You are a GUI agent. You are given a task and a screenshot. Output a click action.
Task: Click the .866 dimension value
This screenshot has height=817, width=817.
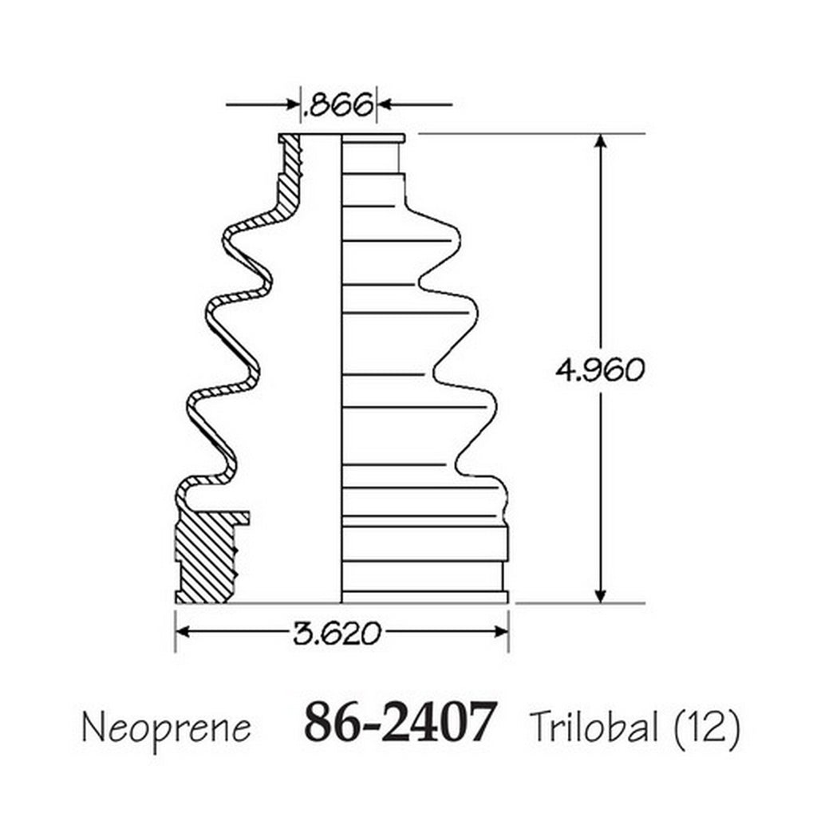(338, 105)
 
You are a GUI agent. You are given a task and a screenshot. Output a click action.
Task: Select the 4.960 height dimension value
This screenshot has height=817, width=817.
(600, 370)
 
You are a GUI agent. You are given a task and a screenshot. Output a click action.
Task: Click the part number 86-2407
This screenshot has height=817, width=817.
(399, 721)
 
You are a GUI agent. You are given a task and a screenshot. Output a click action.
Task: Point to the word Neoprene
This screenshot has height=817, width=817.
(167, 727)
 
